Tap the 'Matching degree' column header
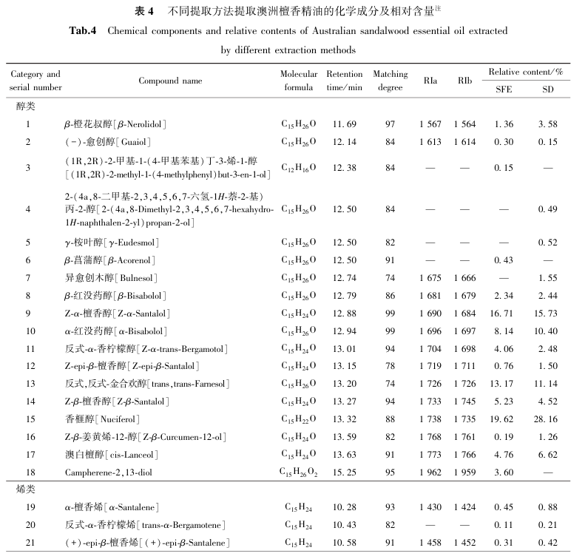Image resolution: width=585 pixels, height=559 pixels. [390, 81]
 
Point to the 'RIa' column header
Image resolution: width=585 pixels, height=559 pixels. [430, 80]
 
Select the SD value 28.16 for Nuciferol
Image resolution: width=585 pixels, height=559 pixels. [547, 418]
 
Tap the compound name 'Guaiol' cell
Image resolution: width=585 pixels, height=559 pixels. [108, 141]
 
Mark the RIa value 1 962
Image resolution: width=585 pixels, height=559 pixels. [430, 471]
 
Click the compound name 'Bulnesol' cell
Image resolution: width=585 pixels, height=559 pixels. [122, 277]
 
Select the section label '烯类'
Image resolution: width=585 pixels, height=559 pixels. [26, 489]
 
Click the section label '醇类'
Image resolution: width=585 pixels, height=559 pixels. [26, 106]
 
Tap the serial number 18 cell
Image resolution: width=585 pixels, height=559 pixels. [27, 471]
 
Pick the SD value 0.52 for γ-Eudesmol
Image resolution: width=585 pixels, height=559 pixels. [547, 242]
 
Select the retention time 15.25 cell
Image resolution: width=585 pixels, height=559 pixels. [345, 471]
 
